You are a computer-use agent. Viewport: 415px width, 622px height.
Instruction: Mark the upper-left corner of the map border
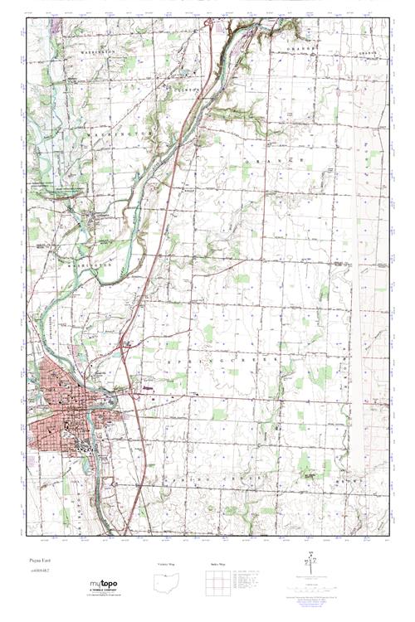click(x=27, y=18)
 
